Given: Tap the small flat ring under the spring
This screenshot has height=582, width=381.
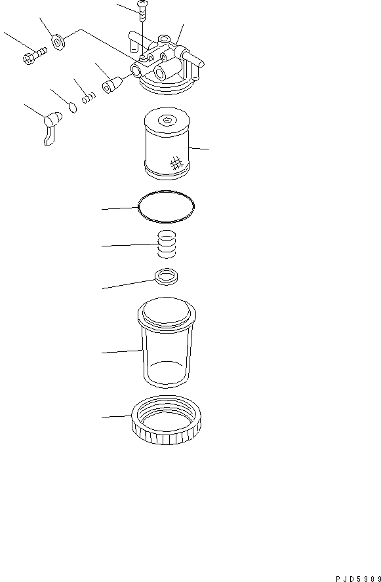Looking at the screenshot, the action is pyautogui.click(x=167, y=277).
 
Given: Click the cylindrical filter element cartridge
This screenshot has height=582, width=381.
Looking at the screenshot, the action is pyautogui.click(x=167, y=147).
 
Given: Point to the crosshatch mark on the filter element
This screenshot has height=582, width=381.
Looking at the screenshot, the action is pyautogui.click(x=176, y=163).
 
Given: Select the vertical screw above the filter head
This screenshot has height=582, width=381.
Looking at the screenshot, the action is pyautogui.click(x=142, y=11).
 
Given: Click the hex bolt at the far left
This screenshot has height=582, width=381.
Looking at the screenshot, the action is pyautogui.click(x=34, y=56).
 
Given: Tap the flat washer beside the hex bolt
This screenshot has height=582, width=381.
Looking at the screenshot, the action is pyautogui.click(x=58, y=41).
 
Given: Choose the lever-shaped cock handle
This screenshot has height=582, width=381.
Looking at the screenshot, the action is pyautogui.click(x=52, y=126).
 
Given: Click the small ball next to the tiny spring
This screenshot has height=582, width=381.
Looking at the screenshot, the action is pyautogui.click(x=73, y=107).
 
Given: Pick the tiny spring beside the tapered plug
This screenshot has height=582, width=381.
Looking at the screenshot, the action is pyautogui.click(x=89, y=98).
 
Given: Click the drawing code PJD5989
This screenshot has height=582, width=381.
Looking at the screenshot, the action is pyautogui.click(x=358, y=579).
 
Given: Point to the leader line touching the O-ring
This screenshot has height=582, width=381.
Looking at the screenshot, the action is pyautogui.click(x=120, y=208).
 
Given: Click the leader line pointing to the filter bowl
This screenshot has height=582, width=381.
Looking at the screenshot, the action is pyautogui.click(x=122, y=351).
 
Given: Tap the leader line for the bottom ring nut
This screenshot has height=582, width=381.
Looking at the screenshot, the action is pyautogui.click(x=117, y=416).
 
